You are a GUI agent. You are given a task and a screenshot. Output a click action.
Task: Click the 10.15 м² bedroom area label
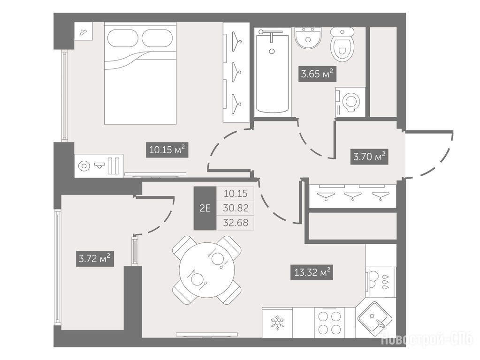tap(167, 150)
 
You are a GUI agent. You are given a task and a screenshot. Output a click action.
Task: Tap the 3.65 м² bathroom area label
tap(317, 74)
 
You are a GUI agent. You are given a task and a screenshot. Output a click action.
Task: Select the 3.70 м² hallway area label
tap(369, 157)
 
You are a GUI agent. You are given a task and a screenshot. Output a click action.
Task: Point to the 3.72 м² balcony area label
tap(95, 259)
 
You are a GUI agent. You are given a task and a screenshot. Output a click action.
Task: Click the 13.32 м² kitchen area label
tap(312, 272)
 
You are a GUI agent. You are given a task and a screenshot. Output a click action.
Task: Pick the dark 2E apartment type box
tap(205, 208)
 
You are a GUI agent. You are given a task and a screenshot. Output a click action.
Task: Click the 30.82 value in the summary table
tap(236, 208)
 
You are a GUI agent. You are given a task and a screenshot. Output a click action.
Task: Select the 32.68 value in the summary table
tap(236, 222)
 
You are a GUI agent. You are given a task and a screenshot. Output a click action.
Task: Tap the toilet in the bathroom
tap(342, 44)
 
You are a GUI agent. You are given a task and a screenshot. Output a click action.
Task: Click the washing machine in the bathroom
tap(350, 102)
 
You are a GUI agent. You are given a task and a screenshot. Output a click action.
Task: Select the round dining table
tap(206, 270)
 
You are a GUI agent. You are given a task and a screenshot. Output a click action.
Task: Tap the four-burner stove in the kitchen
tap(329, 322)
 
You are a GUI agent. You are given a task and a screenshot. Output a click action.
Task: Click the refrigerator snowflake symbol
tap(277, 323)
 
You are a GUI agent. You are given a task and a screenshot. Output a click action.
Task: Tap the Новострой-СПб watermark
tap(427, 338)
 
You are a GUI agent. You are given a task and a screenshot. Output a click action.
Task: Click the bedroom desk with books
tap(99, 166)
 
